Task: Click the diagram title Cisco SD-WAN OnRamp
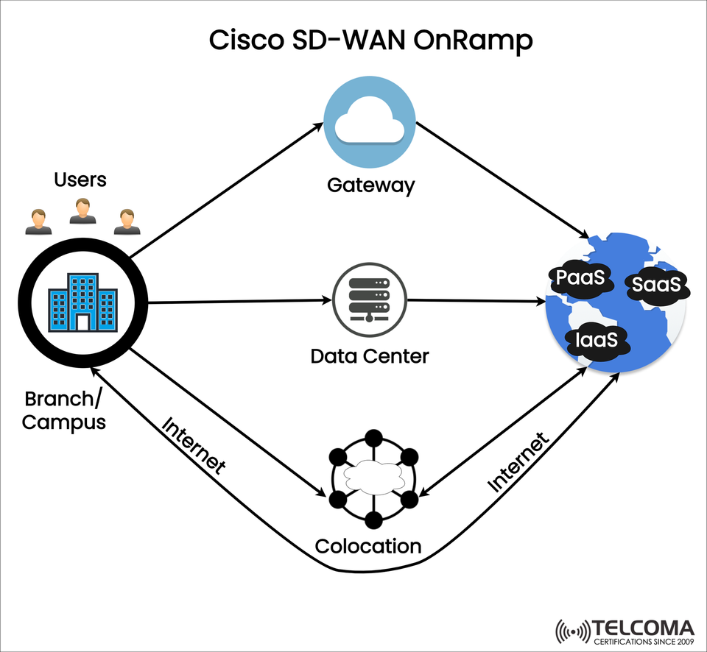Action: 370,40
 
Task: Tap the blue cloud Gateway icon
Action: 369,124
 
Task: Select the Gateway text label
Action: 370,185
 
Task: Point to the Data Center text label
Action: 369,357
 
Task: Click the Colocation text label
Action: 368,546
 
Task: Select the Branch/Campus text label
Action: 65,411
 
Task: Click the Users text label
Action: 80,180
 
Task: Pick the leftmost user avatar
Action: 38,222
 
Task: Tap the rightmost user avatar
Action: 127,222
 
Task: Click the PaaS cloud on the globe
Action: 581,279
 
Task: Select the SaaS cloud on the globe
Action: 658,284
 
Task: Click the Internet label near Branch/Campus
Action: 193,446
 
